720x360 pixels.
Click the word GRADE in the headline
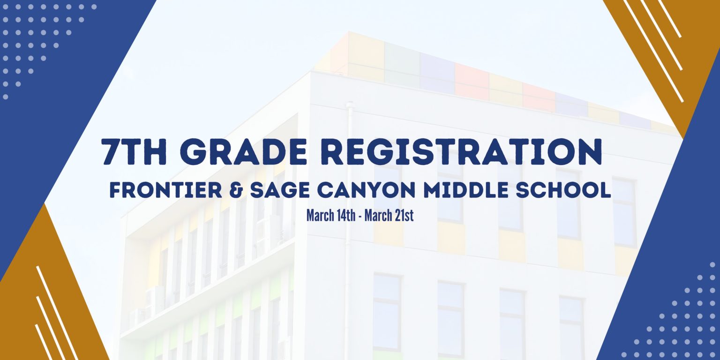point(245,151)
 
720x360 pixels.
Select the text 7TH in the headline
point(134,151)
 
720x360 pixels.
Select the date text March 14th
point(331,215)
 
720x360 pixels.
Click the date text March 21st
point(389,215)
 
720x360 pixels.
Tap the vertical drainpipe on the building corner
point(348,225)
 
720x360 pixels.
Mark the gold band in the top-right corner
point(662,58)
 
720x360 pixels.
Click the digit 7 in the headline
point(111,151)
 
